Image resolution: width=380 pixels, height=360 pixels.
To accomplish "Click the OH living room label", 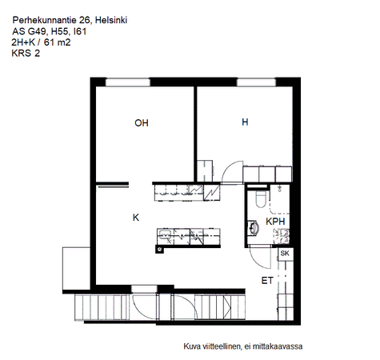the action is pyautogui.click(x=142, y=123).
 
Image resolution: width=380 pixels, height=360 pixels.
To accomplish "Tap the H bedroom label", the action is pyautogui.click(x=245, y=122).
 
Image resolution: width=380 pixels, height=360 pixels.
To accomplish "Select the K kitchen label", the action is pyautogui.click(x=136, y=218).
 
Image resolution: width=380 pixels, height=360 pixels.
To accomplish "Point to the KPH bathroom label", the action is pyautogui.click(x=275, y=222).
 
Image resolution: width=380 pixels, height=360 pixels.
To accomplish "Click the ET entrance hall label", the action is pyautogui.click(x=267, y=281).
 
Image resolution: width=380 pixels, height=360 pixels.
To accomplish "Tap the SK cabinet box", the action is pyautogui.click(x=285, y=254).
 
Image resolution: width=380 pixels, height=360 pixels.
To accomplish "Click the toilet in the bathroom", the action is pyautogui.click(x=260, y=198).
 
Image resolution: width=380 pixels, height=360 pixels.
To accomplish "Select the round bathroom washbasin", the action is pyautogui.click(x=253, y=228).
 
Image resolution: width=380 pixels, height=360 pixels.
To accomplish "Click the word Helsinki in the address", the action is pyautogui.click(x=111, y=20).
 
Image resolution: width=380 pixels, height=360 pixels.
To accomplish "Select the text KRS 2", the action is pyautogui.click(x=26, y=54).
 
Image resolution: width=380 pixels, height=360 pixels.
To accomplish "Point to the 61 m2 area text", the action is pyautogui.click(x=57, y=42).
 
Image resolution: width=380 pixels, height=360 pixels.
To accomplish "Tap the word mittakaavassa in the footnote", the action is pyautogui.click(x=278, y=346).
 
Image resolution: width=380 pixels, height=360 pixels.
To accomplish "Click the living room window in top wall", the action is pyautogui.click(x=128, y=82).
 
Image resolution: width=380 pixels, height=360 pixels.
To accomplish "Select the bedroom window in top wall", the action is pyautogui.click(x=256, y=82).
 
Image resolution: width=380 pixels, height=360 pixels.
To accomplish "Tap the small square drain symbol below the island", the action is pyautogui.click(x=160, y=250).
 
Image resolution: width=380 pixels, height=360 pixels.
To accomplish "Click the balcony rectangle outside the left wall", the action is pyautogui.click(x=76, y=268).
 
